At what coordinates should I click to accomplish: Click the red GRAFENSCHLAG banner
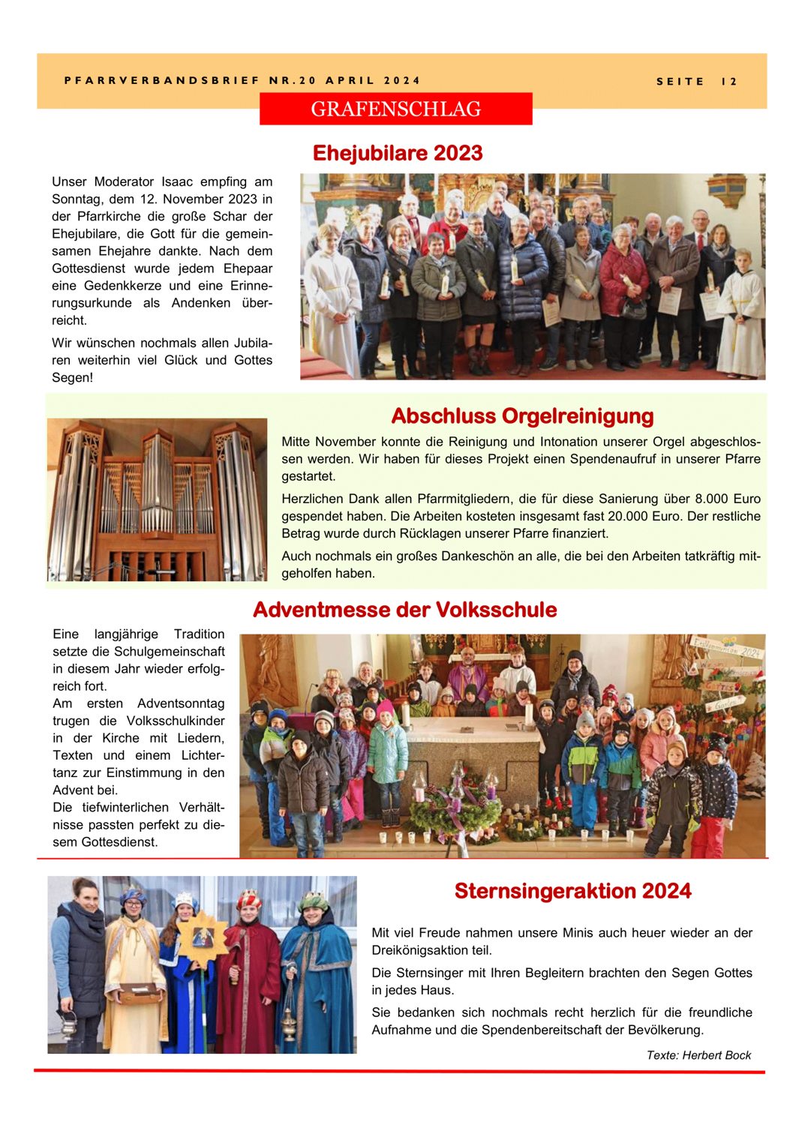pos(395,109)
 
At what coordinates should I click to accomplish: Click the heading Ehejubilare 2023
pos(397,153)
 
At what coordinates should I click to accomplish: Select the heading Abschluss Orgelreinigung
pos(522,415)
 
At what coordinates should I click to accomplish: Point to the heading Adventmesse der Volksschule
pos(404,610)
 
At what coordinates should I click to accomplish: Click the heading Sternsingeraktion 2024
pos(572,891)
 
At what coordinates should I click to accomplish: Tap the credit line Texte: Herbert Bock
pos(698,1055)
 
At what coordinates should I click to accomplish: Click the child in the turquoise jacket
pos(387,750)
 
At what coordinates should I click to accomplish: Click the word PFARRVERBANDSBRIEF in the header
pos(161,80)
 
